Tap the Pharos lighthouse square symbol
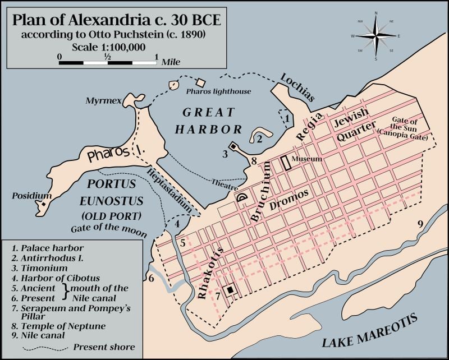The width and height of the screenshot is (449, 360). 200,82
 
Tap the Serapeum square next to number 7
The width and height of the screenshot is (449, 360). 230,290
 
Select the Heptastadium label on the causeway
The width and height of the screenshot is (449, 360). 173,191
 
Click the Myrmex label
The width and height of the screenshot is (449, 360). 100,101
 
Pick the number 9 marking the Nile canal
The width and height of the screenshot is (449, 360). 419,224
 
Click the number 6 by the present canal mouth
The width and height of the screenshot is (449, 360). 150,278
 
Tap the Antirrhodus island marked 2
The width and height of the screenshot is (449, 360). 259,135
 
